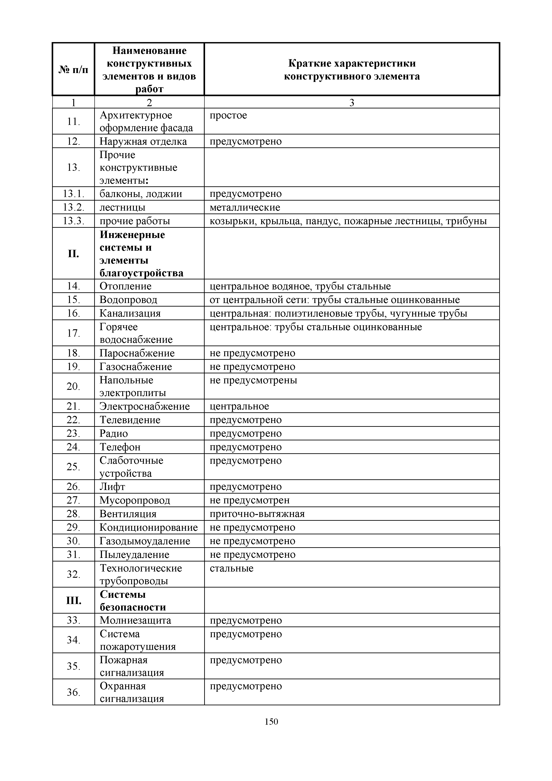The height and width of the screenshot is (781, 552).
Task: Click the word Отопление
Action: [x=125, y=286]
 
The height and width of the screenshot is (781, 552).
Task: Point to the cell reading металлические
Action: [x=245, y=207]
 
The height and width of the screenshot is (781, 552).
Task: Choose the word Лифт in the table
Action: [x=112, y=486]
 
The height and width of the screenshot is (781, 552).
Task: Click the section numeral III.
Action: [x=73, y=601]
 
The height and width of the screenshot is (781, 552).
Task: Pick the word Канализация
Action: [x=130, y=313]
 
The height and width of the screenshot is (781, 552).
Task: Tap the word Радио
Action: [x=114, y=433]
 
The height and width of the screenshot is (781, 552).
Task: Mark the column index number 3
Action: [x=352, y=102]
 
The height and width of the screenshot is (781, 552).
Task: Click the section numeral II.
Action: [x=73, y=254]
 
